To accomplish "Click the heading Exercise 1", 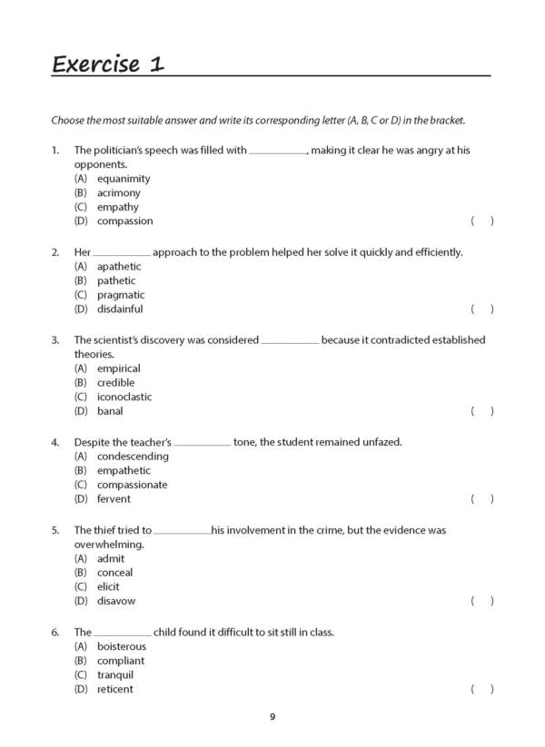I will coord(108,64).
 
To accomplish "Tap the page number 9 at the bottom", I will coord(272,717).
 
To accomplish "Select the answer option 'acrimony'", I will coord(118,193).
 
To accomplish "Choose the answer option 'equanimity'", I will coord(124,179).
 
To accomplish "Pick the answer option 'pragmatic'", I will coord(121,295).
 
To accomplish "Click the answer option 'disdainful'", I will coord(123,310).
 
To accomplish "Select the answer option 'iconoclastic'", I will coord(124,397).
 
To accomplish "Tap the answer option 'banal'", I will coord(110,411).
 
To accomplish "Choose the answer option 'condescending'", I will coord(133,457).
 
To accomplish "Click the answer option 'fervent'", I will coord(114,499).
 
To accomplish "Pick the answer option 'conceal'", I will coord(114,573).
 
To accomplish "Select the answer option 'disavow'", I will coord(115,601).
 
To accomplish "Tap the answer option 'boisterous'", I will coord(121,646).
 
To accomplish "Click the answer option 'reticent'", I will coord(114,689).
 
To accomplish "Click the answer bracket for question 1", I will coord(482,221).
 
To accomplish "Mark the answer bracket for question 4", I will coord(482,499).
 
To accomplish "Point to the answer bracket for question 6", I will coord(482,690).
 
